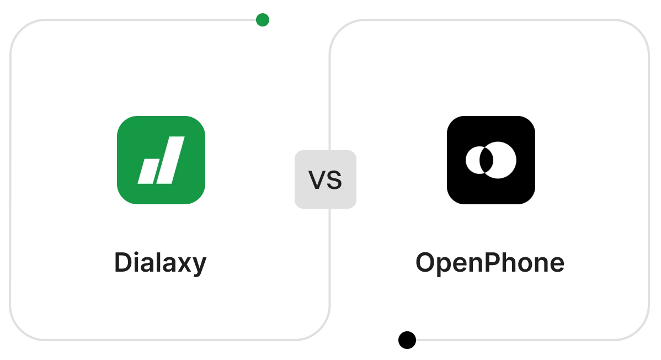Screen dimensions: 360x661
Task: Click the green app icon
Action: pyautogui.click(x=161, y=161)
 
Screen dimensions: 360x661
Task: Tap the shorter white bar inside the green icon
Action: pyautogui.click(x=148, y=171)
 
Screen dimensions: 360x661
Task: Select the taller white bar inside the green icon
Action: pyautogui.click(x=170, y=160)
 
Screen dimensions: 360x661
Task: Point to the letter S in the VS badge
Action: pyautogui.click(x=334, y=181)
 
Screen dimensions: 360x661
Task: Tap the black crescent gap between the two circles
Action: pyautogui.click(x=486, y=160)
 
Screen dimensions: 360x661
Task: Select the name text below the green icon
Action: pyautogui.click(x=161, y=263)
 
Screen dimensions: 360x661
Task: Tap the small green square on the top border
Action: pyautogui.click(x=263, y=20)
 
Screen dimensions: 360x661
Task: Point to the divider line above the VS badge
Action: pyautogui.click(x=329, y=99)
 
